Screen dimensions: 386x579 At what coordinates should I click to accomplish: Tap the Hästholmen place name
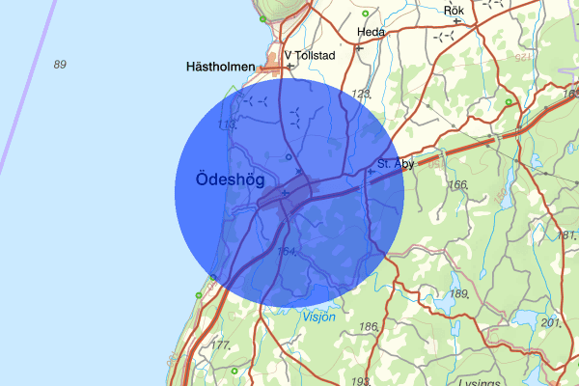pyautogui.click(x=221, y=67)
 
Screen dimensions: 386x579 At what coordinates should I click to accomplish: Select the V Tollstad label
pyautogui.click(x=311, y=55)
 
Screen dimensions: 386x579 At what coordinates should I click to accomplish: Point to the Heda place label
pyautogui.click(x=371, y=32)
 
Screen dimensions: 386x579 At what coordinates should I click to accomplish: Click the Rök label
pyautogui.click(x=454, y=11)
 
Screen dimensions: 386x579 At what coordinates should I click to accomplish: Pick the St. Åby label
pyautogui.click(x=396, y=164)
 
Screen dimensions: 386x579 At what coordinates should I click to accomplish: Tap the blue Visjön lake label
pyautogui.click(x=319, y=316)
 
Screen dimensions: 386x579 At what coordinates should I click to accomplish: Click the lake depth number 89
pyautogui.click(x=61, y=65)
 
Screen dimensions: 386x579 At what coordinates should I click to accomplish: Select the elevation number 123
pyautogui.click(x=362, y=94)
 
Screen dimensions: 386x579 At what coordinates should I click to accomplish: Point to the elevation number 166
pyautogui.click(x=457, y=184)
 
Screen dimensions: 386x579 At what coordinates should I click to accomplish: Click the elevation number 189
pyautogui.click(x=459, y=293)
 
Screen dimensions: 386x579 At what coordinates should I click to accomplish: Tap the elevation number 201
pyautogui.click(x=551, y=322)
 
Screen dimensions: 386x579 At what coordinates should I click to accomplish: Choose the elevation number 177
pyautogui.click(x=221, y=345)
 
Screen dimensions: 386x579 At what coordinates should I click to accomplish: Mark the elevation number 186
pyautogui.click(x=369, y=327)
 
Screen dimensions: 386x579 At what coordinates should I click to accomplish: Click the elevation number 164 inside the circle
pyautogui.click(x=287, y=251)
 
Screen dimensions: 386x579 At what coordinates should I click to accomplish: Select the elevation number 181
pyautogui.click(x=566, y=235)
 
